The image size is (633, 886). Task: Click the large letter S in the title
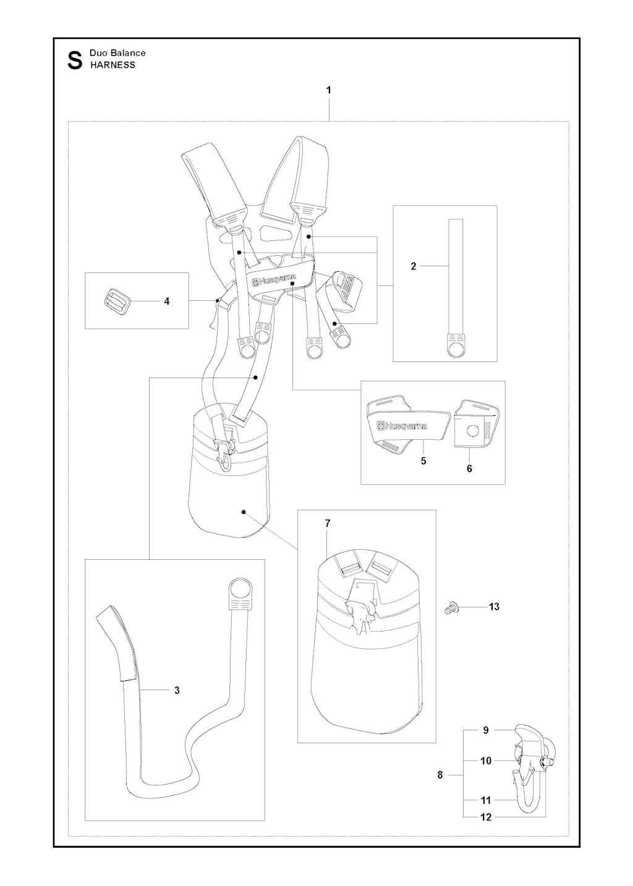(x=75, y=61)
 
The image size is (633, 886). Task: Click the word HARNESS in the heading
(x=113, y=65)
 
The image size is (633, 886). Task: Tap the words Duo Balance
(x=117, y=53)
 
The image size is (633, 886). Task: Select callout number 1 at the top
(x=328, y=90)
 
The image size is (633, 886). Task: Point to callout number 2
(x=414, y=266)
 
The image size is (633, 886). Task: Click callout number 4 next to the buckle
(x=166, y=301)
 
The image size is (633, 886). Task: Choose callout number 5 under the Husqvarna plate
(x=423, y=461)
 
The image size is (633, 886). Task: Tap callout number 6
(x=469, y=469)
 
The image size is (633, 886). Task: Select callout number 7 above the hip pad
(x=327, y=523)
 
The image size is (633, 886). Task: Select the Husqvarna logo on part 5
(x=402, y=426)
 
